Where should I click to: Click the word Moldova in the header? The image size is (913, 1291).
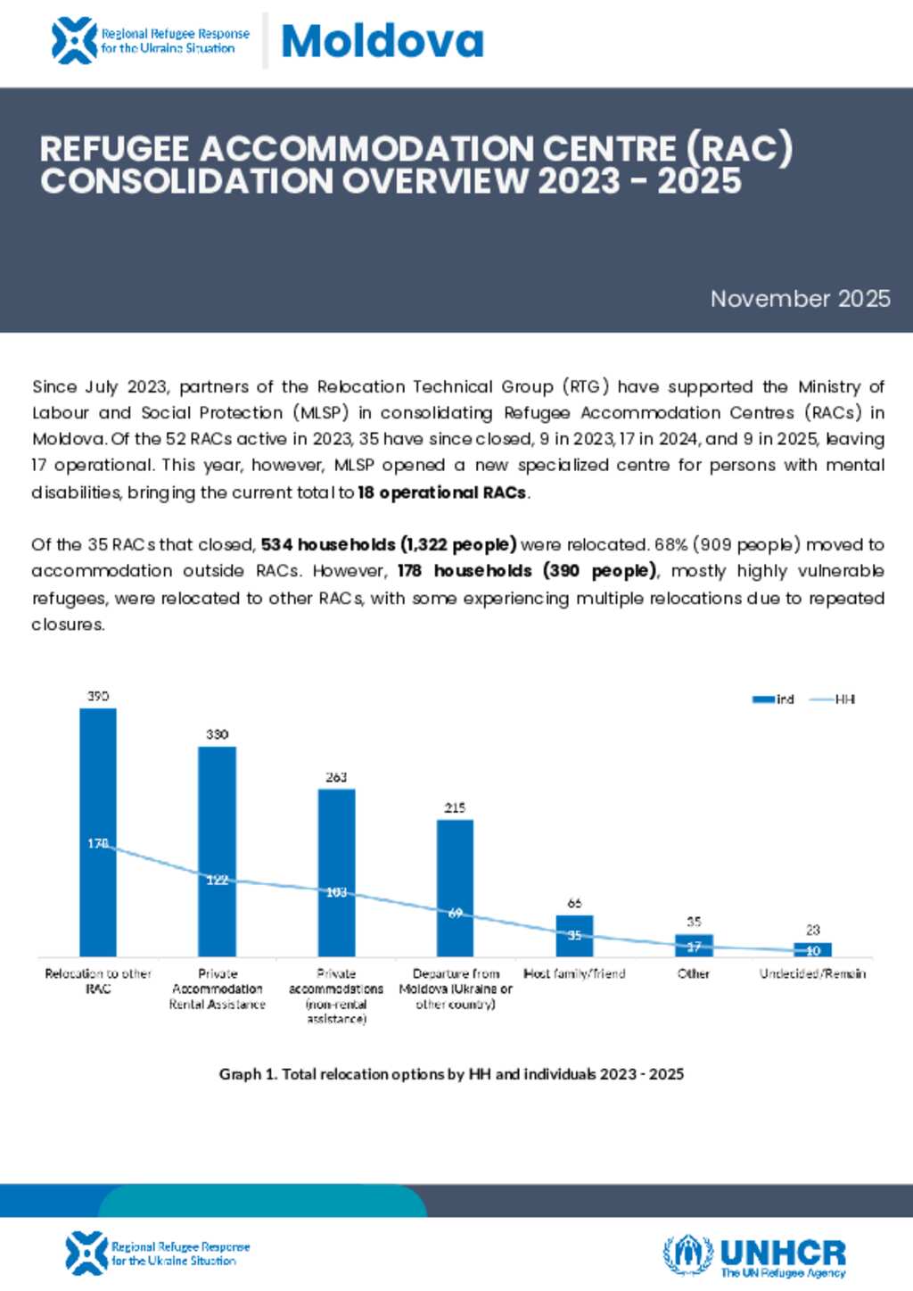coord(382,41)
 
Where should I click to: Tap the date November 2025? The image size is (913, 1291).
coord(800,299)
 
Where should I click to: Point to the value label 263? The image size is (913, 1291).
coord(336,777)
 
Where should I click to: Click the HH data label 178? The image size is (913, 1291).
coord(98,843)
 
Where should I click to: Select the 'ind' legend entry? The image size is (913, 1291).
coord(774,699)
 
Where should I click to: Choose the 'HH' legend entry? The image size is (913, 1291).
coord(833,699)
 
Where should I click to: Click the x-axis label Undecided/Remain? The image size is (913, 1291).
coord(812,973)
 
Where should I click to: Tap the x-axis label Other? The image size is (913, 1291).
coord(693,973)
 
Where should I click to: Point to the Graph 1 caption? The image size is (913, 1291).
coord(451,1074)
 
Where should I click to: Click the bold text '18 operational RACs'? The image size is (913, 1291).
coord(442,492)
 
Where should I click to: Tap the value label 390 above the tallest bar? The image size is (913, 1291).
coord(98,696)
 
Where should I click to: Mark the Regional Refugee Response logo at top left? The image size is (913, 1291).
coord(150,41)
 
